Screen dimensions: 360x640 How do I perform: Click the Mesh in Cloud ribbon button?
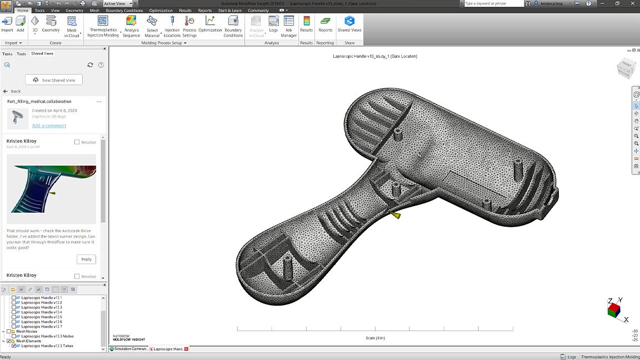(72, 26)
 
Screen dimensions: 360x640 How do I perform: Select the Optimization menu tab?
(161, 11)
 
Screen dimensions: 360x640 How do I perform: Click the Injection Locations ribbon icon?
(172, 26)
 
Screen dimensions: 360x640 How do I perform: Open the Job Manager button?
(289, 26)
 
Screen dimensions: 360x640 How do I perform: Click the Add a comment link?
(49, 126)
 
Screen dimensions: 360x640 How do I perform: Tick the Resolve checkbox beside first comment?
(77, 142)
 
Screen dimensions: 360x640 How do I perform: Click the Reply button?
(86, 259)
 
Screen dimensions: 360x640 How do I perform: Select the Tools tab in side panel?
(21, 54)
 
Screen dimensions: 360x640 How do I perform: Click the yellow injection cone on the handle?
(396, 214)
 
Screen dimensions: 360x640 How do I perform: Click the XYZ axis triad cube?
(614, 309)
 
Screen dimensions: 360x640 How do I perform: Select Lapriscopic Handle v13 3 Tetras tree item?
(47, 346)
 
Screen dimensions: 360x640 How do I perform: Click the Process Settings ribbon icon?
(189, 26)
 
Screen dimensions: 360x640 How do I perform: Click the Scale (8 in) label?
(375, 338)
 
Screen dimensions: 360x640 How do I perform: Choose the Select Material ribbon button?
(152, 26)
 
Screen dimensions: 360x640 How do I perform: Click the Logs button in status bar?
(568, 357)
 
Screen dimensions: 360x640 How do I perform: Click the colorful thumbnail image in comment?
(51, 189)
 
